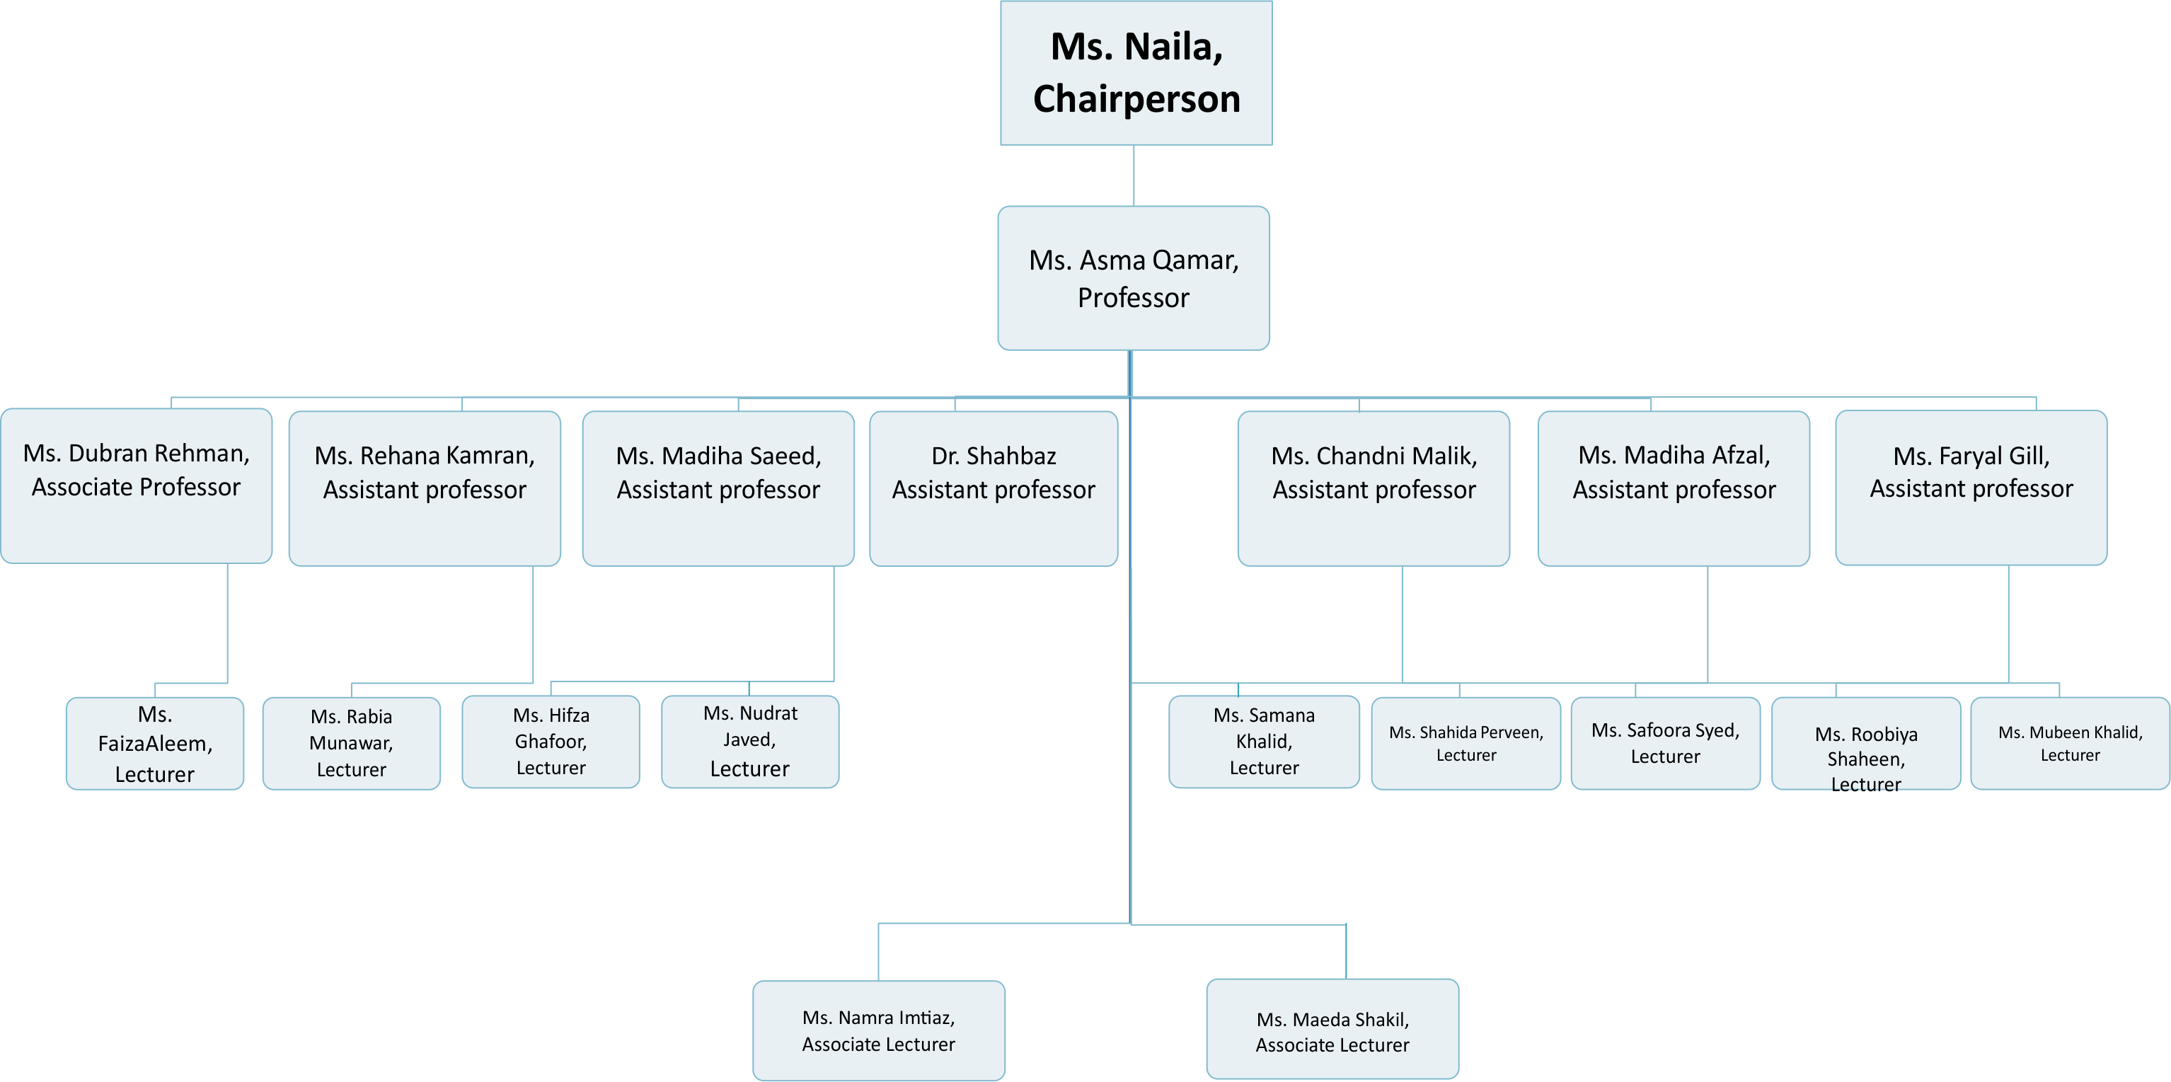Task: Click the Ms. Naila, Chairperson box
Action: tap(1136, 74)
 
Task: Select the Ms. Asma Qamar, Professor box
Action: tap(1134, 278)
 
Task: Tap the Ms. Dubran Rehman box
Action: tap(137, 486)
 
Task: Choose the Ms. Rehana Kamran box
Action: tap(425, 489)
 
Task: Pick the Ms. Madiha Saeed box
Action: tap(718, 489)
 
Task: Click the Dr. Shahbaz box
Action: tap(994, 489)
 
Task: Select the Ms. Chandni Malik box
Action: tap(1374, 489)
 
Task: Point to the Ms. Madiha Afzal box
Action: tap(1674, 489)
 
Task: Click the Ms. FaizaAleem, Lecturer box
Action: tap(155, 743)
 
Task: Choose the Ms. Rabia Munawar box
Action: tap(352, 743)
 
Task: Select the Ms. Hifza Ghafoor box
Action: tap(551, 742)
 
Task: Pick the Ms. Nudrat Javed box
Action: tap(750, 742)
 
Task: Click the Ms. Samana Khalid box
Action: tap(1264, 742)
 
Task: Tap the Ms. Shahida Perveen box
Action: tap(1465, 743)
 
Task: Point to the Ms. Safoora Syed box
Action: tap(1665, 743)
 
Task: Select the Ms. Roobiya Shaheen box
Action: tap(1866, 743)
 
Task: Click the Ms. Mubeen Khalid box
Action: tap(2070, 743)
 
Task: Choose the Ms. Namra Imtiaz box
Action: tap(879, 1030)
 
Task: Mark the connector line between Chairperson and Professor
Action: tap(1134, 175)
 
